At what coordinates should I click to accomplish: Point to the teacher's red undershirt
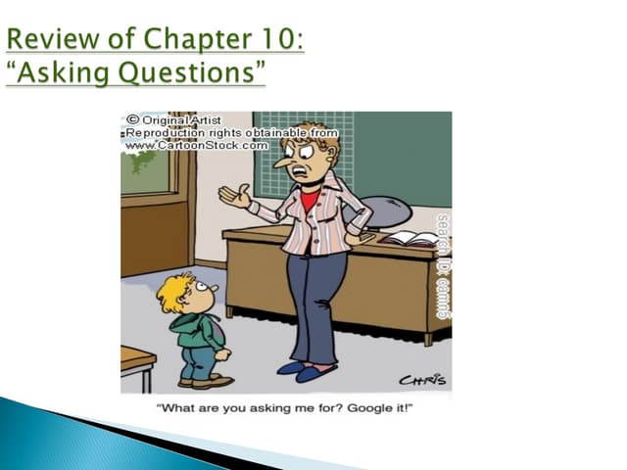pyautogui.click(x=311, y=200)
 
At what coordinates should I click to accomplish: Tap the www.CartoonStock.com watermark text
pyautogui.click(x=196, y=145)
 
